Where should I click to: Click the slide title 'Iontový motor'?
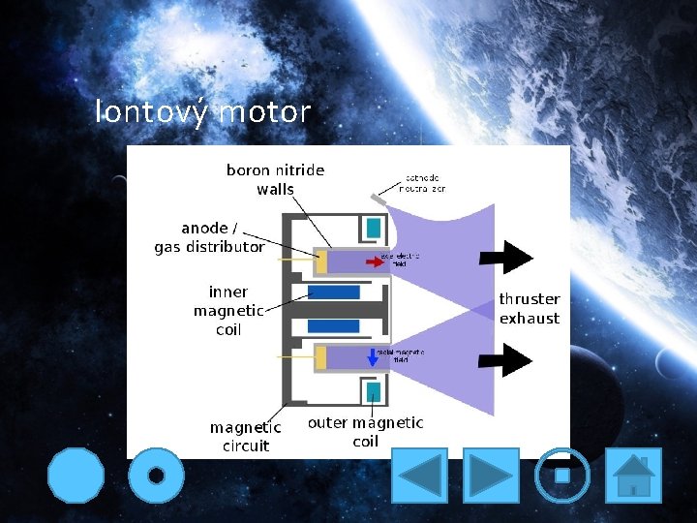point(203,112)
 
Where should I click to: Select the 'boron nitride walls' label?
point(275,179)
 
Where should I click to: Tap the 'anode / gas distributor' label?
point(209,237)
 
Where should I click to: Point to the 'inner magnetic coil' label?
point(228,310)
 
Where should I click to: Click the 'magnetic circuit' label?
point(246,436)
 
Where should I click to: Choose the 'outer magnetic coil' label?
point(365,431)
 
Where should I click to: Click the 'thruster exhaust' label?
point(529,308)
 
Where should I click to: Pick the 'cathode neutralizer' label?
point(425,183)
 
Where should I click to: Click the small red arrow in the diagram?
point(374,261)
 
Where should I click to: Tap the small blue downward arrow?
point(373,356)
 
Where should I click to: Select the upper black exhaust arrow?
point(504,257)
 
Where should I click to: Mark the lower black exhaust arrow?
point(504,359)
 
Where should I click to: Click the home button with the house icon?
point(633,476)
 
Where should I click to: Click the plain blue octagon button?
point(76,476)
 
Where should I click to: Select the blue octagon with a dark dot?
point(155,476)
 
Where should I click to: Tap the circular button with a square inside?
point(561,476)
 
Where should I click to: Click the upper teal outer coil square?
point(373,228)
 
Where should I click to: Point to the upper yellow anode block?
point(320,261)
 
